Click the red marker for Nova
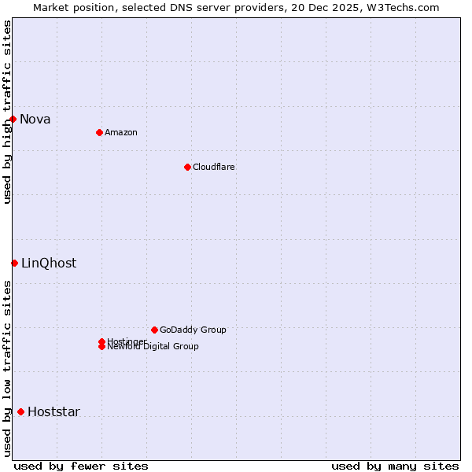pos(13,119)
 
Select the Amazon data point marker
pos(99,132)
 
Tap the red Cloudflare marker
pos(187,167)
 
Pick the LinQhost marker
pos(14,263)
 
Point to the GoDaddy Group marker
pos(154,330)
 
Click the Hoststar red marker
pos(20,411)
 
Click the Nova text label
pos(35,120)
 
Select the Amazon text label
pos(121,132)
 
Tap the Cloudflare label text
pos(214,167)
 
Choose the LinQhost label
pos(49,264)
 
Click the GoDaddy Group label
pos(193,330)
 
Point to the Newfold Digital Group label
pos(153,347)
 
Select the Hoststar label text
pos(53,412)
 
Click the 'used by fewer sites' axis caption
pos(81,466)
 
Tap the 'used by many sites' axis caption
pos(395,466)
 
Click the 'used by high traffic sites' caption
pos(8,112)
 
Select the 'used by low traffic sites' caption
pos(8,368)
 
